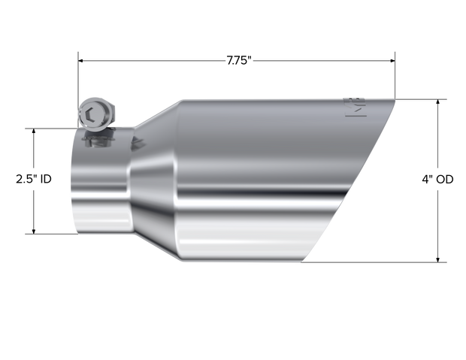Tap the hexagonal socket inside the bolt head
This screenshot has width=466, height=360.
91,114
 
